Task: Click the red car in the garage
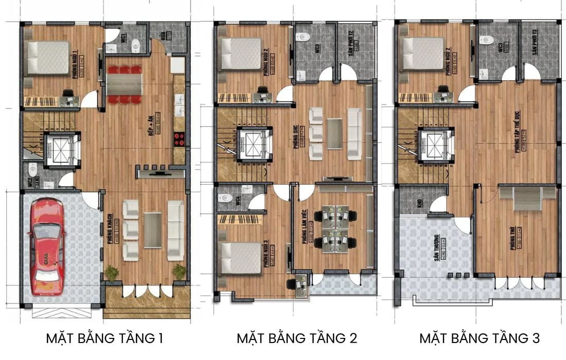(x=47, y=247)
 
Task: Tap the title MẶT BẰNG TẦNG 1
(x=104, y=338)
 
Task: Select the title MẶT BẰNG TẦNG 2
(x=297, y=338)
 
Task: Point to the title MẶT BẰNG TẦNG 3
(x=480, y=338)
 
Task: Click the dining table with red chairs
(x=124, y=85)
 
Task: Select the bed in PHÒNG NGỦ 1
(x=48, y=57)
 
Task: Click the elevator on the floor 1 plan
(x=62, y=150)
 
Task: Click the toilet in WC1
(x=135, y=46)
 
